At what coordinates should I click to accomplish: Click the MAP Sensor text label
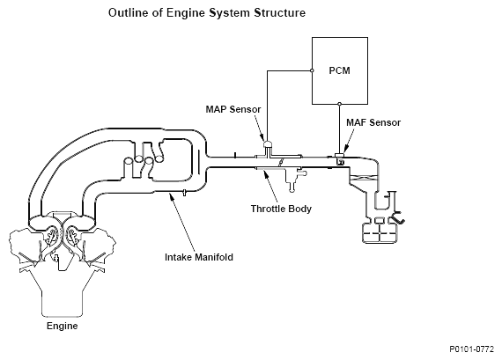click(233, 109)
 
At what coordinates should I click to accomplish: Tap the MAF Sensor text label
click(373, 122)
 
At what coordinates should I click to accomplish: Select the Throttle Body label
click(281, 209)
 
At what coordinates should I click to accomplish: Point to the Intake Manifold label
click(199, 257)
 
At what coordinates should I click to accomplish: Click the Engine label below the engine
click(63, 326)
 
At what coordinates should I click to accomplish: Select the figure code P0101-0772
click(471, 349)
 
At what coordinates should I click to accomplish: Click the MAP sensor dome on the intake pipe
click(268, 144)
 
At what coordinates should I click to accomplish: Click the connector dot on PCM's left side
click(312, 70)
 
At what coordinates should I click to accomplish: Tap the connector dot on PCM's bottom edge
click(340, 104)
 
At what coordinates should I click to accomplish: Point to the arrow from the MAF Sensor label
click(349, 141)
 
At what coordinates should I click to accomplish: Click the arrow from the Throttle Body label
click(270, 187)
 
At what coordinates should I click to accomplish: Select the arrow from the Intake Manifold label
click(181, 222)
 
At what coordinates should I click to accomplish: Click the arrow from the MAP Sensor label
click(260, 128)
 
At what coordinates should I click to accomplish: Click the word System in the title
click(229, 13)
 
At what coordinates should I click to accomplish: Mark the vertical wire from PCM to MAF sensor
click(340, 129)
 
